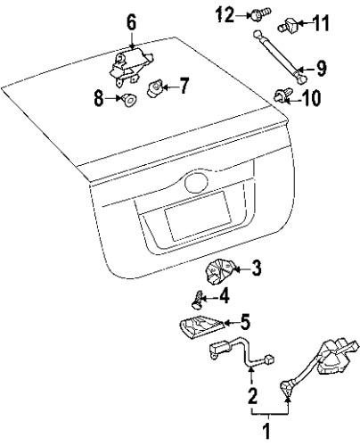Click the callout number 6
tap(131, 20)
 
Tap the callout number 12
tap(224, 13)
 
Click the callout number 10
tap(311, 98)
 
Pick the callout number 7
tap(184, 87)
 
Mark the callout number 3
tap(255, 267)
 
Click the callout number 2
tap(252, 394)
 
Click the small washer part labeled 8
tap(129, 99)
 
